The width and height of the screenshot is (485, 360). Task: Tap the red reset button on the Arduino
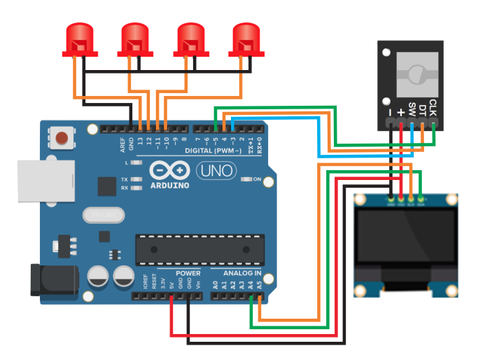(64, 137)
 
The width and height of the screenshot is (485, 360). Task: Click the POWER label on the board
(188, 272)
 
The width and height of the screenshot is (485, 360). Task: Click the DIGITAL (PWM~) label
(213, 151)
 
